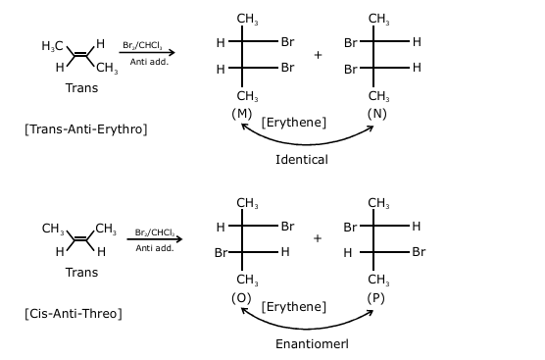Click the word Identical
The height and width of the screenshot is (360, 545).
pyautogui.click(x=301, y=159)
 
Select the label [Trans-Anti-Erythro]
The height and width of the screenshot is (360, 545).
pyautogui.click(x=86, y=129)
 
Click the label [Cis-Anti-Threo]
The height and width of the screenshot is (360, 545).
pyautogui.click(x=74, y=314)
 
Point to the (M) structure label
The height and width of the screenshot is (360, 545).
pyautogui.click(x=242, y=114)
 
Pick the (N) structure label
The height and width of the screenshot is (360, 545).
pyautogui.click(x=378, y=114)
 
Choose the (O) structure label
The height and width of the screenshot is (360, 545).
pyautogui.click(x=242, y=297)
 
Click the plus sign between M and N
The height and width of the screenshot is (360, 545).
pyautogui.click(x=318, y=55)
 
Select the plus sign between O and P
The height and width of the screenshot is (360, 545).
pyautogui.click(x=317, y=238)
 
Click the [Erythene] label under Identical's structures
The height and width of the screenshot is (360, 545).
pyautogui.click(x=294, y=121)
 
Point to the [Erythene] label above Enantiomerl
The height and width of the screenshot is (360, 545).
pyautogui.click(x=294, y=306)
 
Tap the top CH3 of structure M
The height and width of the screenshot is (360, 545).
pyautogui.click(x=248, y=19)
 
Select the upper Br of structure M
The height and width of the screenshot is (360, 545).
pyautogui.click(x=287, y=43)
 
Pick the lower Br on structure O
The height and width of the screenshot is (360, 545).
pyautogui.click(x=222, y=252)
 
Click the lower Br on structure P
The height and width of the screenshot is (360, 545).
pyautogui.click(x=419, y=252)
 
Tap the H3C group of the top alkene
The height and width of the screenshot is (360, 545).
pyautogui.click(x=53, y=46)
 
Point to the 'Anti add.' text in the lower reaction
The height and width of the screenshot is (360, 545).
pyautogui.click(x=154, y=247)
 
